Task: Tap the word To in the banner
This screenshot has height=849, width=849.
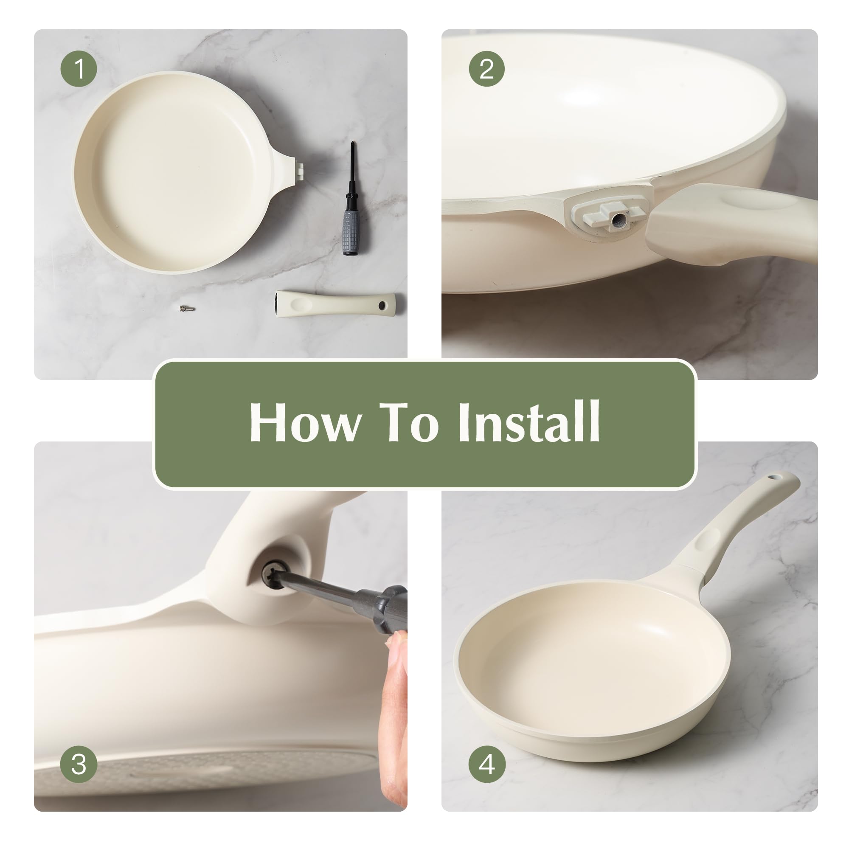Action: (409, 422)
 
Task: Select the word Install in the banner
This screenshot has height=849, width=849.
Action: (529, 421)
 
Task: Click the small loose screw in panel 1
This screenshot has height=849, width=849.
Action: (187, 309)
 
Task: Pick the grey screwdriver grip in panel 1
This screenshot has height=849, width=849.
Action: (351, 232)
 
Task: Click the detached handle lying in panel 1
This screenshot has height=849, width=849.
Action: (335, 303)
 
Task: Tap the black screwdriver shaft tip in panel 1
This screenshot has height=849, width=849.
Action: (352, 143)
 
